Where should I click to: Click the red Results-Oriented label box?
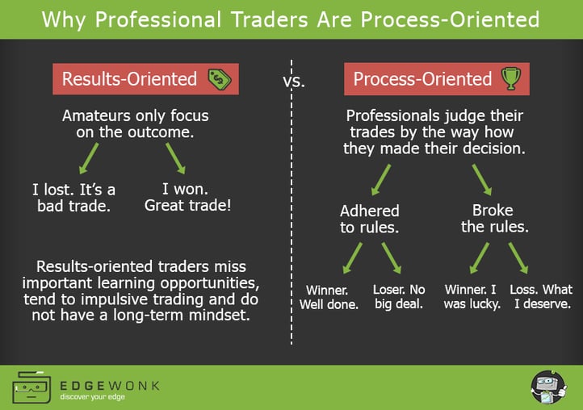(x=129, y=79)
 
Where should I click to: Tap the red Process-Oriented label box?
(x=422, y=79)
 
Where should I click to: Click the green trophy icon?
(x=510, y=78)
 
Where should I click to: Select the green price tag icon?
(x=218, y=79)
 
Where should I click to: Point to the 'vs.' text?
(x=294, y=82)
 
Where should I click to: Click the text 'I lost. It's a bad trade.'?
(x=73, y=198)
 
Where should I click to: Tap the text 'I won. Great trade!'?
(x=187, y=198)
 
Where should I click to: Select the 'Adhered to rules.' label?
(x=370, y=219)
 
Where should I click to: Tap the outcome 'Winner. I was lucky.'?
(x=472, y=297)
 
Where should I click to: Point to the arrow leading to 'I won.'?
(x=175, y=157)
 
